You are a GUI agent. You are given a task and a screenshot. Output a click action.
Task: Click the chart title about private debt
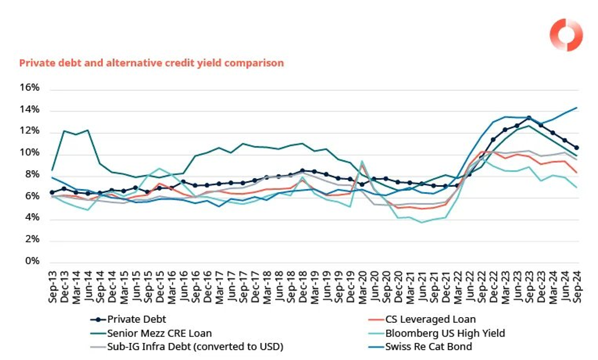[151, 63]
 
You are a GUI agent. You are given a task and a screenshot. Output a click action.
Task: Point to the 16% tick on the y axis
[30, 88]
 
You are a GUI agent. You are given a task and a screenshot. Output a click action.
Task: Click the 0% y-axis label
[33, 262]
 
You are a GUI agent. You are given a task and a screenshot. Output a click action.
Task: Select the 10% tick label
[30, 153]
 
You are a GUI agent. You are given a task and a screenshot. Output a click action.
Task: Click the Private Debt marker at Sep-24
[576, 148]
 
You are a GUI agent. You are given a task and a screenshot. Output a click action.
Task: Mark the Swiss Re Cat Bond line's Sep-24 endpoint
[576, 107]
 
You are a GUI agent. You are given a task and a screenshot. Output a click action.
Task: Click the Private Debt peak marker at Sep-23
[529, 118]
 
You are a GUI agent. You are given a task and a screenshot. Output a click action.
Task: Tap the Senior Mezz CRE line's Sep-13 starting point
[52, 170]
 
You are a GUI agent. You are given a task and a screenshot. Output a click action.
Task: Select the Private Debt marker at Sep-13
[52, 193]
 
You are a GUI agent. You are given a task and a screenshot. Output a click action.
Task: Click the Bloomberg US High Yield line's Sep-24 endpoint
[576, 187]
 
